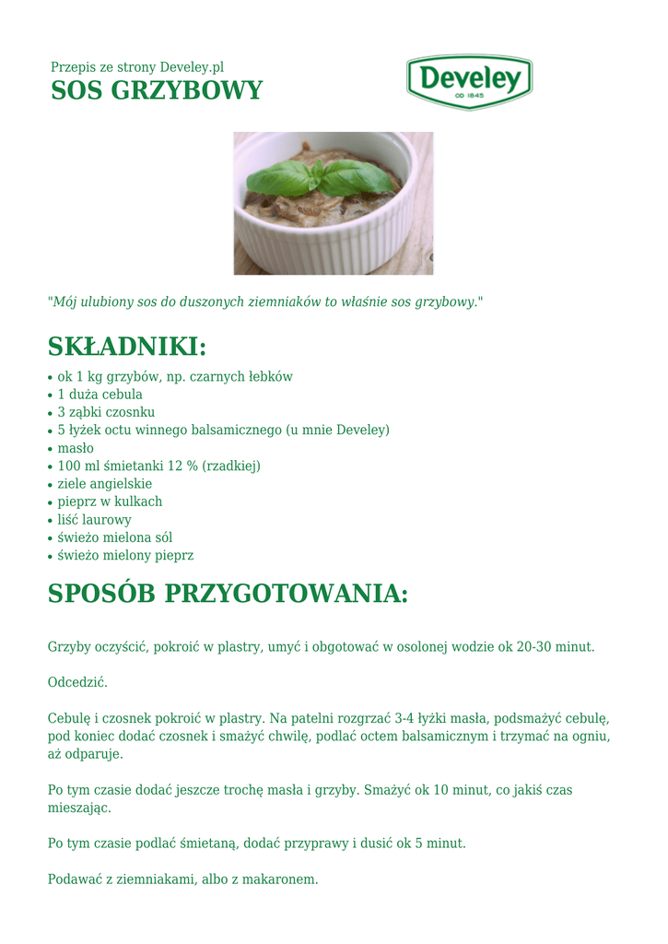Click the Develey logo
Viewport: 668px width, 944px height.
(469, 81)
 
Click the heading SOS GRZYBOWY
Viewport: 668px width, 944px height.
(157, 91)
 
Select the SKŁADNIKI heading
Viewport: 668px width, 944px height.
(127, 347)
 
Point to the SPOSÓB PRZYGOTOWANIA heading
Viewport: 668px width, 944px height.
(228, 594)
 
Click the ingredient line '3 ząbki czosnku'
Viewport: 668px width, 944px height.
(106, 412)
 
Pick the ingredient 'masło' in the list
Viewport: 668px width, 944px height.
(76, 448)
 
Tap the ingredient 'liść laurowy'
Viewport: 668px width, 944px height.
(94, 520)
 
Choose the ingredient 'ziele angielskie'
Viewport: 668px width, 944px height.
(104, 484)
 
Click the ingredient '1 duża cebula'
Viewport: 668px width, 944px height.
(100, 395)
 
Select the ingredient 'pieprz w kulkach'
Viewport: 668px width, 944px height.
(110, 501)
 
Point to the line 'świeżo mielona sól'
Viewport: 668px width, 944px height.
(114, 537)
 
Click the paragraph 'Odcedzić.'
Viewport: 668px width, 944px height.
(77, 682)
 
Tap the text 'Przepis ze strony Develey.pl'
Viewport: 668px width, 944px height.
(137, 67)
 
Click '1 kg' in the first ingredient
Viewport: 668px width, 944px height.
(90, 376)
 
